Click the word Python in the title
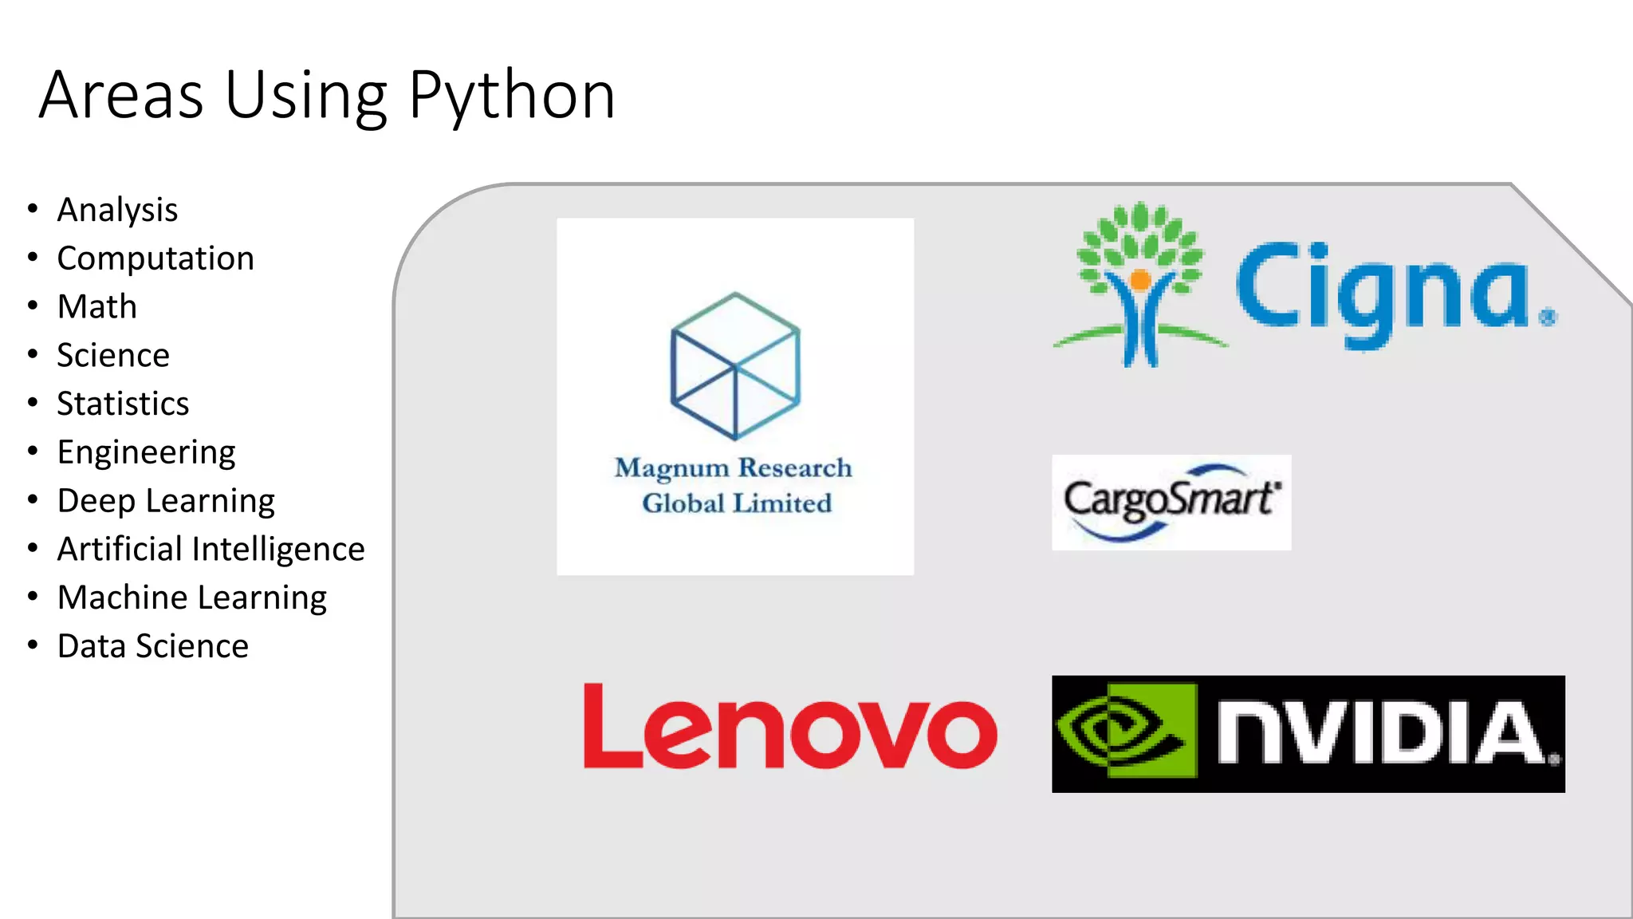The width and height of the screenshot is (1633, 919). [512, 96]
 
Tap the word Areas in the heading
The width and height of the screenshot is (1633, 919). [121, 96]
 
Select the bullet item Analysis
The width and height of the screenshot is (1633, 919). [117, 211]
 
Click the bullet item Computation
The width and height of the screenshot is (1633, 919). [155, 259]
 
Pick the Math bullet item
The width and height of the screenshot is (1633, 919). [97, 307]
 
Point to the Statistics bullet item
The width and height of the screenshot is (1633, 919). [123, 404]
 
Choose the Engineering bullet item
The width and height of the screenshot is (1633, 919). [146, 452]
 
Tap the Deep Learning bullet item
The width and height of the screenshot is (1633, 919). [166, 501]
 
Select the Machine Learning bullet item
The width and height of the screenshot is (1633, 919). [192, 598]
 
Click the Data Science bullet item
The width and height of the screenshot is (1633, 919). [153, 646]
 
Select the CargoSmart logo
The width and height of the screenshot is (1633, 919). [1171, 503]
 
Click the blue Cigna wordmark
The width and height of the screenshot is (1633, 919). [1383, 291]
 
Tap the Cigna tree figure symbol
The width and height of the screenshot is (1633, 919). [1140, 283]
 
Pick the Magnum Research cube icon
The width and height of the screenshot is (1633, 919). [735, 365]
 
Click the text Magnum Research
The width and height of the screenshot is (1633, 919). [734, 467]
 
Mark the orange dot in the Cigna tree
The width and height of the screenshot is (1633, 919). [1140, 280]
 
